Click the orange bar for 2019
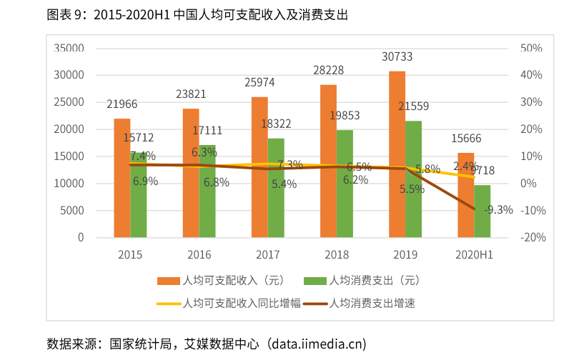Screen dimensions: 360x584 pyautogui.click(x=397, y=154)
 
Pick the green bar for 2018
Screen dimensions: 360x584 pyautogui.click(x=345, y=183)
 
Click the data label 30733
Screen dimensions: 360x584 pyautogui.click(x=397, y=56)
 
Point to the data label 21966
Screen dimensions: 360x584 pyautogui.click(x=122, y=104)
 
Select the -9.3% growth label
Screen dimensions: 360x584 pyautogui.click(x=498, y=209)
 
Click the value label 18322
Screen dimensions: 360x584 pyautogui.click(x=276, y=124)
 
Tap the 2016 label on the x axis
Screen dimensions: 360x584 pyautogui.click(x=199, y=254)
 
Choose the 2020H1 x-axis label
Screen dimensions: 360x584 pyautogui.click(x=474, y=254)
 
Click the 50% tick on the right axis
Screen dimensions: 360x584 pyautogui.click(x=531, y=48)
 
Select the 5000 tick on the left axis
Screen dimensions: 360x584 pyautogui.click(x=72, y=210)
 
